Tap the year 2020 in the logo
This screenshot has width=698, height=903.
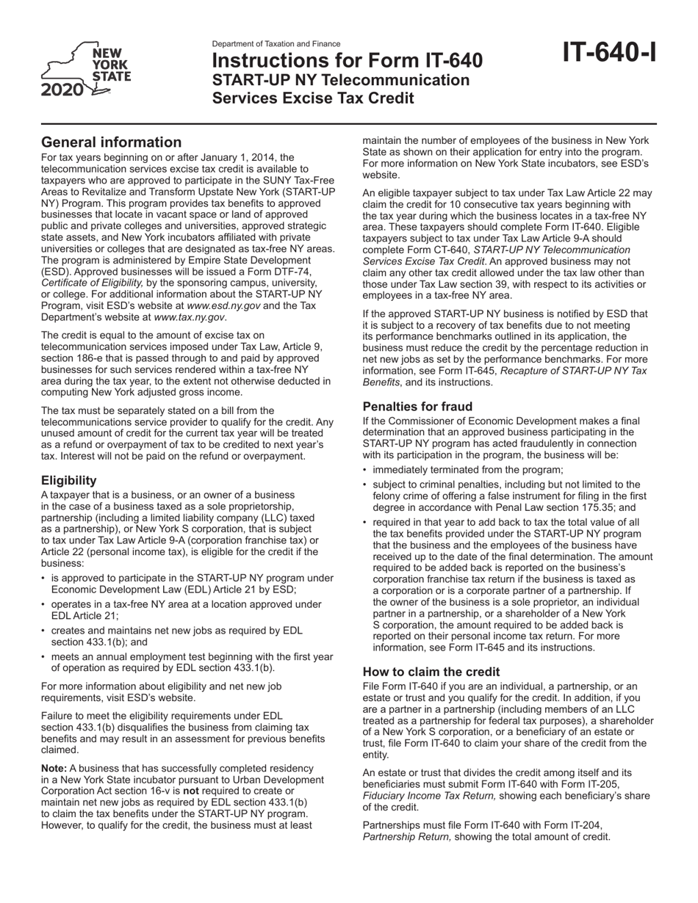[62, 91]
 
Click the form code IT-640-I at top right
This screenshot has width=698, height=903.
[610, 53]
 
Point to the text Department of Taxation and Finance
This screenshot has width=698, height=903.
[276, 44]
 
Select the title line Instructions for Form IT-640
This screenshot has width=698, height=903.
[348, 61]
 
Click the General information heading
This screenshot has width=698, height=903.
[111, 142]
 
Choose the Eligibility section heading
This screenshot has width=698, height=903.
[69, 480]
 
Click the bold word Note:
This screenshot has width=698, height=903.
[55, 768]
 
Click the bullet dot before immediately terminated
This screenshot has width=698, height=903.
[366, 469]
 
